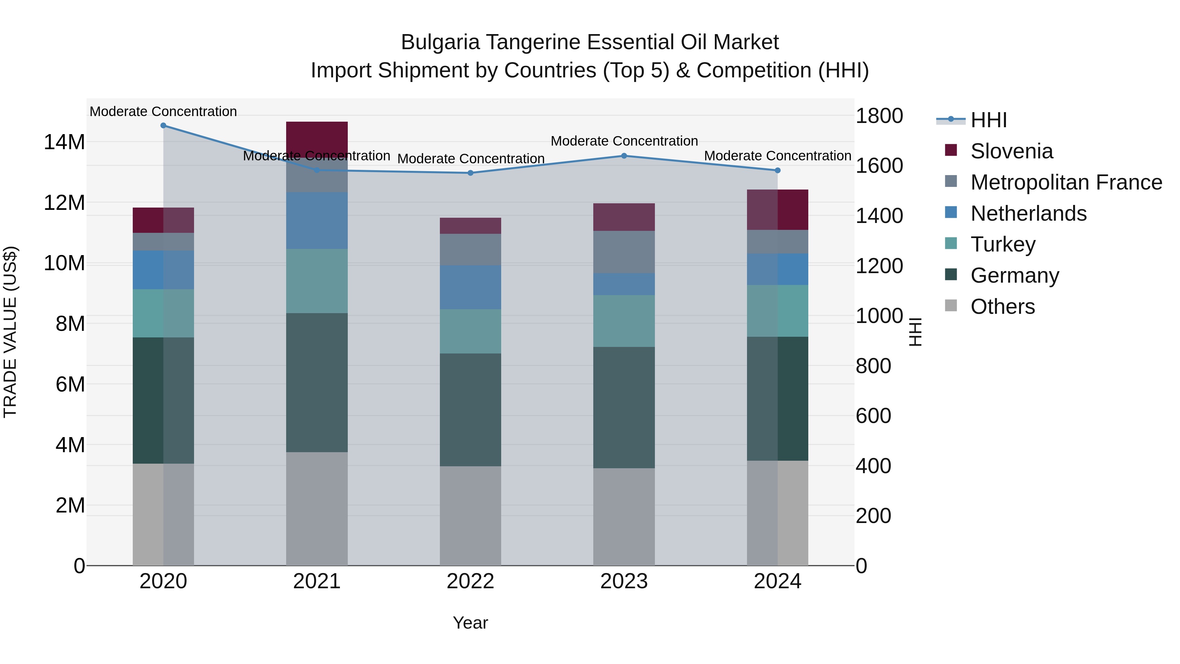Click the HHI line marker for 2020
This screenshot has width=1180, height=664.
pyautogui.click(x=163, y=126)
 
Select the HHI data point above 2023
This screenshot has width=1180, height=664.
pyautogui.click(x=623, y=156)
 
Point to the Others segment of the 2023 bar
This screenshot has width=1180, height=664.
pyautogui.click(x=623, y=516)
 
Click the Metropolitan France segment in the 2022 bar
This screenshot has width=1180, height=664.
pyautogui.click(x=470, y=250)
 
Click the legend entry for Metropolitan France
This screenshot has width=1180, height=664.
pyautogui.click(x=1066, y=182)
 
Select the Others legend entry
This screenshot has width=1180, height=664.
pyautogui.click(x=1002, y=307)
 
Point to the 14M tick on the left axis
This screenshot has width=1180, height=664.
pyautogui.click(x=64, y=142)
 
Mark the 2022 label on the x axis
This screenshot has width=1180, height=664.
pyautogui.click(x=470, y=581)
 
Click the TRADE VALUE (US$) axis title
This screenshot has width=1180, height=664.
pyautogui.click(x=10, y=332)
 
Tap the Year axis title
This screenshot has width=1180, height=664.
pyautogui.click(x=470, y=623)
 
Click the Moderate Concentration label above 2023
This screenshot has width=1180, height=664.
pyautogui.click(x=624, y=141)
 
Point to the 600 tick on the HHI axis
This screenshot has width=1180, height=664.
pyautogui.click(x=873, y=416)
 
